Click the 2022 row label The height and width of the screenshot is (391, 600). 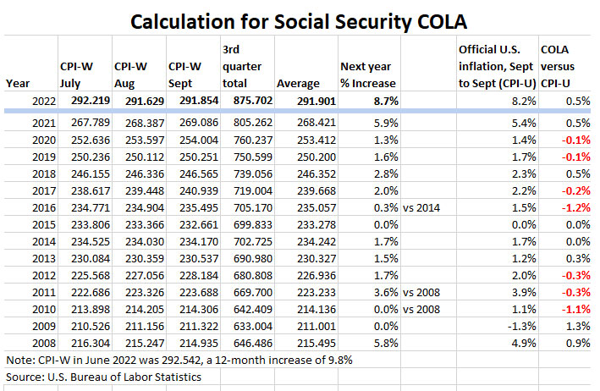30,100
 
